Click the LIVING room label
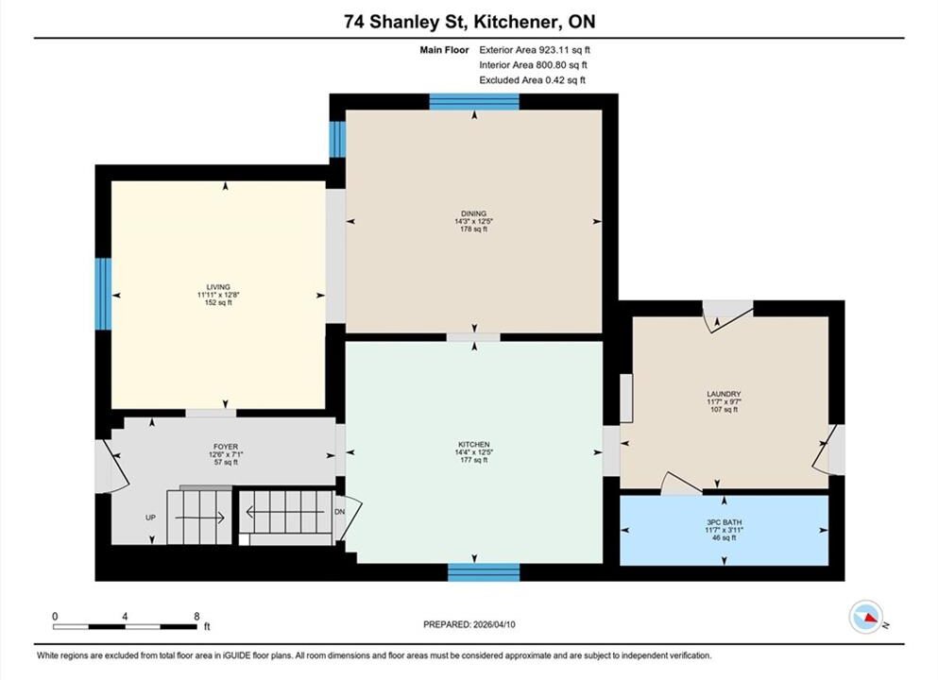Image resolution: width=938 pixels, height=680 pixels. (x=218, y=287)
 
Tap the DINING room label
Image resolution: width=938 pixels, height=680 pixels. (x=474, y=213)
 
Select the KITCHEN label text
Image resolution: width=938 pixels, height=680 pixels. (x=474, y=445)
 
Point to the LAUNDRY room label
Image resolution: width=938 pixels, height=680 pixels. (x=724, y=394)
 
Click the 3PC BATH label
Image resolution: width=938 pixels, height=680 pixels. (x=724, y=522)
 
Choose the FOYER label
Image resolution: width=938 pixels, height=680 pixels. (x=226, y=447)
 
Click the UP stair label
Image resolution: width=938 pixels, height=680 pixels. (x=151, y=518)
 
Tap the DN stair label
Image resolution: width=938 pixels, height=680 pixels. (x=340, y=512)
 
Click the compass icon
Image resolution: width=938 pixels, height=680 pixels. (x=866, y=617)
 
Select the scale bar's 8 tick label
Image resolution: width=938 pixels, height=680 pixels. (x=196, y=616)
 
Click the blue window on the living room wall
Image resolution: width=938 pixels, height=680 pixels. (x=104, y=294)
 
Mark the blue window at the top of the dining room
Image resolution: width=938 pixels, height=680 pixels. (x=474, y=102)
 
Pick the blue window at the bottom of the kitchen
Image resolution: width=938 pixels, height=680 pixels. (x=484, y=572)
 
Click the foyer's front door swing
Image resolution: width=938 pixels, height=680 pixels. (x=117, y=467)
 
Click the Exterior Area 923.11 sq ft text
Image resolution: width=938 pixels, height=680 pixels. (x=535, y=50)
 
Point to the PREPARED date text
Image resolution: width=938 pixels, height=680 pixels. (x=469, y=624)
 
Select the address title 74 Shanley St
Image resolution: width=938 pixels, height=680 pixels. (x=407, y=22)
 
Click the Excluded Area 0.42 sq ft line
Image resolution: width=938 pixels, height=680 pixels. (x=533, y=80)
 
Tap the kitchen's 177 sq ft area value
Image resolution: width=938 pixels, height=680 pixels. (x=474, y=460)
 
